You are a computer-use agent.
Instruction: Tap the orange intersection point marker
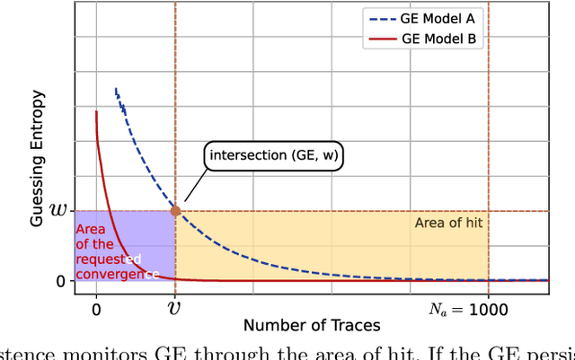click(x=175, y=211)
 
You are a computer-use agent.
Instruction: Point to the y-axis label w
click(x=57, y=211)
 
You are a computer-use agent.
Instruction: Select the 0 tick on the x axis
click(x=96, y=310)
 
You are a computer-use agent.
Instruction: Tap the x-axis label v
click(x=175, y=310)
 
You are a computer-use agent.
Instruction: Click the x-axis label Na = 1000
click(x=467, y=310)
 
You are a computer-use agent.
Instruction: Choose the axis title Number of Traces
click(x=312, y=325)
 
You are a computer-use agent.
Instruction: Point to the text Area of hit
click(x=449, y=222)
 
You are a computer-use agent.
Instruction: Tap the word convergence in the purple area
click(x=117, y=273)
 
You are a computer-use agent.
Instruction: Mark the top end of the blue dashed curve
click(x=115, y=88)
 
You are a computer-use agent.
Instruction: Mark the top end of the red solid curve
click(x=96, y=111)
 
